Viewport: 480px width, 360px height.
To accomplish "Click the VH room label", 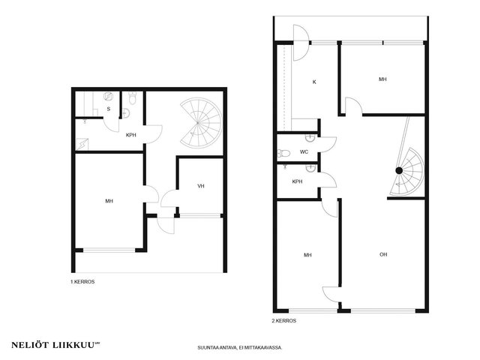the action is click(x=201, y=186).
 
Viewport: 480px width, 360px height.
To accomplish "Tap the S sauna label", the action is click(x=108, y=109).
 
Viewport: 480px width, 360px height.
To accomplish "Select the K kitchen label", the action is click(x=314, y=82).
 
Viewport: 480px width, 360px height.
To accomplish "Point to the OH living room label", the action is click(x=383, y=254).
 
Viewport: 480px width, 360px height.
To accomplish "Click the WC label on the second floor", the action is click(x=304, y=151).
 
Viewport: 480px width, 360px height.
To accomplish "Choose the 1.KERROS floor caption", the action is click(x=82, y=282).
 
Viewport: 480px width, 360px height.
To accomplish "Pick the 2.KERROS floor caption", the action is click(x=284, y=321).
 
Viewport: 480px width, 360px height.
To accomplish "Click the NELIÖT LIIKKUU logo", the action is click(x=55, y=345).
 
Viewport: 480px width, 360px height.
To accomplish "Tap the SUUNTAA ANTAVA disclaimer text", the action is click(x=240, y=348).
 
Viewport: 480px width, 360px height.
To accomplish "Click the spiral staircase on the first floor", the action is click(x=201, y=123).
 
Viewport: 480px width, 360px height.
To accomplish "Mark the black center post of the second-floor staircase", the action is click(x=399, y=170).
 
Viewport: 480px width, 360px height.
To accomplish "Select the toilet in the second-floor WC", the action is click(x=283, y=153).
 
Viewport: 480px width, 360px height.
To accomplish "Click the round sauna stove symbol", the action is click(x=108, y=97).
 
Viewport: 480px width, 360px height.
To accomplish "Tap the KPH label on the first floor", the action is click(x=131, y=135).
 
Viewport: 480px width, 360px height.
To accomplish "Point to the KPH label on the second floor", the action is click(x=297, y=181).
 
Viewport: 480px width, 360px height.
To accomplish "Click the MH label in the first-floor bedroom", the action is click(x=109, y=201).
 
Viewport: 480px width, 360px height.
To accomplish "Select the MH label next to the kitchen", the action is click(x=382, y=79).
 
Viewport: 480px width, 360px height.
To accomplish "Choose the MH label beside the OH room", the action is click(x=307, y=255).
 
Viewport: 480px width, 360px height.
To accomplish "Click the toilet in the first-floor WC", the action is click(x=133, y=98).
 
